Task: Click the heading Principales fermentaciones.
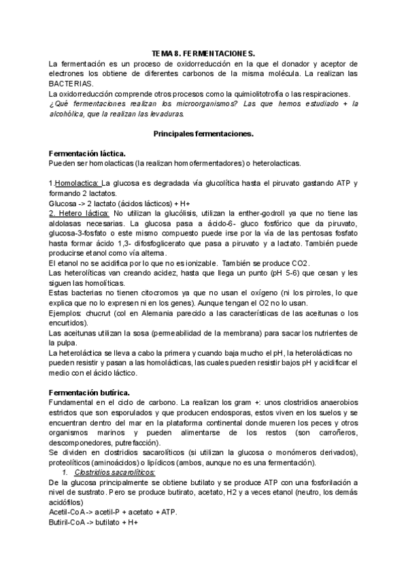pos(204,135)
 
